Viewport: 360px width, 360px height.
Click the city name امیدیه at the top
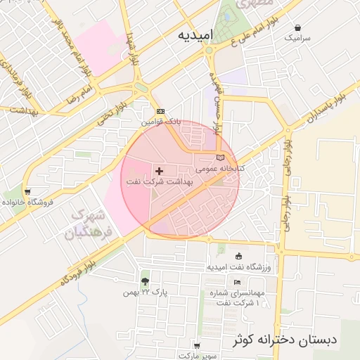coord(193,34)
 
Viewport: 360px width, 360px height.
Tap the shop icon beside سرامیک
coord(290,32)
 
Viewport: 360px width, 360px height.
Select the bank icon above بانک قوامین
coord(160,112)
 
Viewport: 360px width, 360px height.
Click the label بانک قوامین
coord(160,122)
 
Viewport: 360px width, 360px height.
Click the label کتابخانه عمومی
coord(219,168)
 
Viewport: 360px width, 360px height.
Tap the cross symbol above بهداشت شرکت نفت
coord(159,171)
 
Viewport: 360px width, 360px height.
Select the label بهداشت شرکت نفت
coord(159,181)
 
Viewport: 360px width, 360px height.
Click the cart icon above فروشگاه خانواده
coord(27,191)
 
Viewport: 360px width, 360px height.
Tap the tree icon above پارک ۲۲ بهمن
coord(146,281)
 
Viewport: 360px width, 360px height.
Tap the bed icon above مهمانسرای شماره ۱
coord(237,282)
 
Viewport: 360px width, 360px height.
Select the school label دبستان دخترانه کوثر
coord(285,340)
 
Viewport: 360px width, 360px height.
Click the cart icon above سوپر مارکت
coord(196,346)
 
